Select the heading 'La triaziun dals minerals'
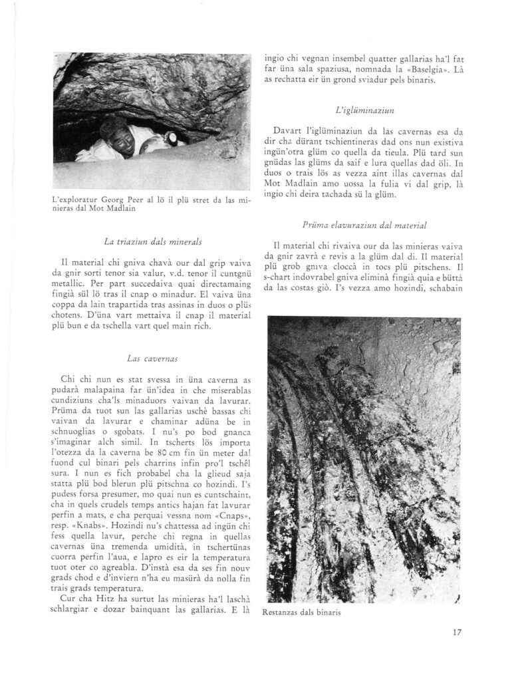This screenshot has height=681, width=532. [154, 243]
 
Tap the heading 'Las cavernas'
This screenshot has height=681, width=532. [154, 359]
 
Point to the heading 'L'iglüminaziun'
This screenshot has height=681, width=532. [358, 108]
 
